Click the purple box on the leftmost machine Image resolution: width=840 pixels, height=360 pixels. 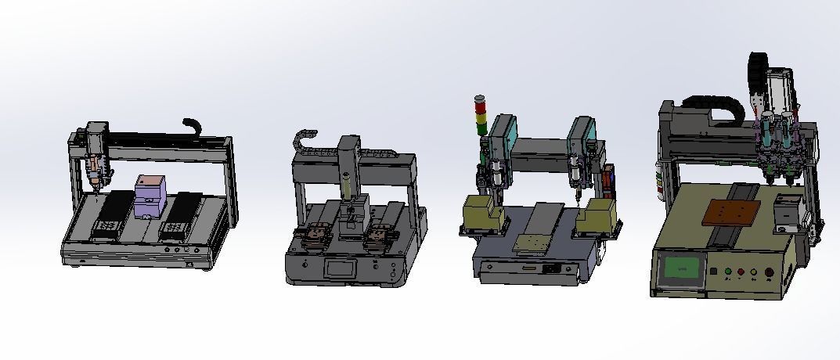click(150, 196)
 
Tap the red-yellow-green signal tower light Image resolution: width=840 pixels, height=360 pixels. click(481, 116)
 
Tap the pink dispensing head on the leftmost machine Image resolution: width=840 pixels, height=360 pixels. click(95, 167)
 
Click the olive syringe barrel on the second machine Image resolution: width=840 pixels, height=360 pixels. click(344, 189)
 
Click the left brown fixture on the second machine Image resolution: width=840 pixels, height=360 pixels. click(315, 235)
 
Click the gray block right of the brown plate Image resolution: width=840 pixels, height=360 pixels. click(785, 212)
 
